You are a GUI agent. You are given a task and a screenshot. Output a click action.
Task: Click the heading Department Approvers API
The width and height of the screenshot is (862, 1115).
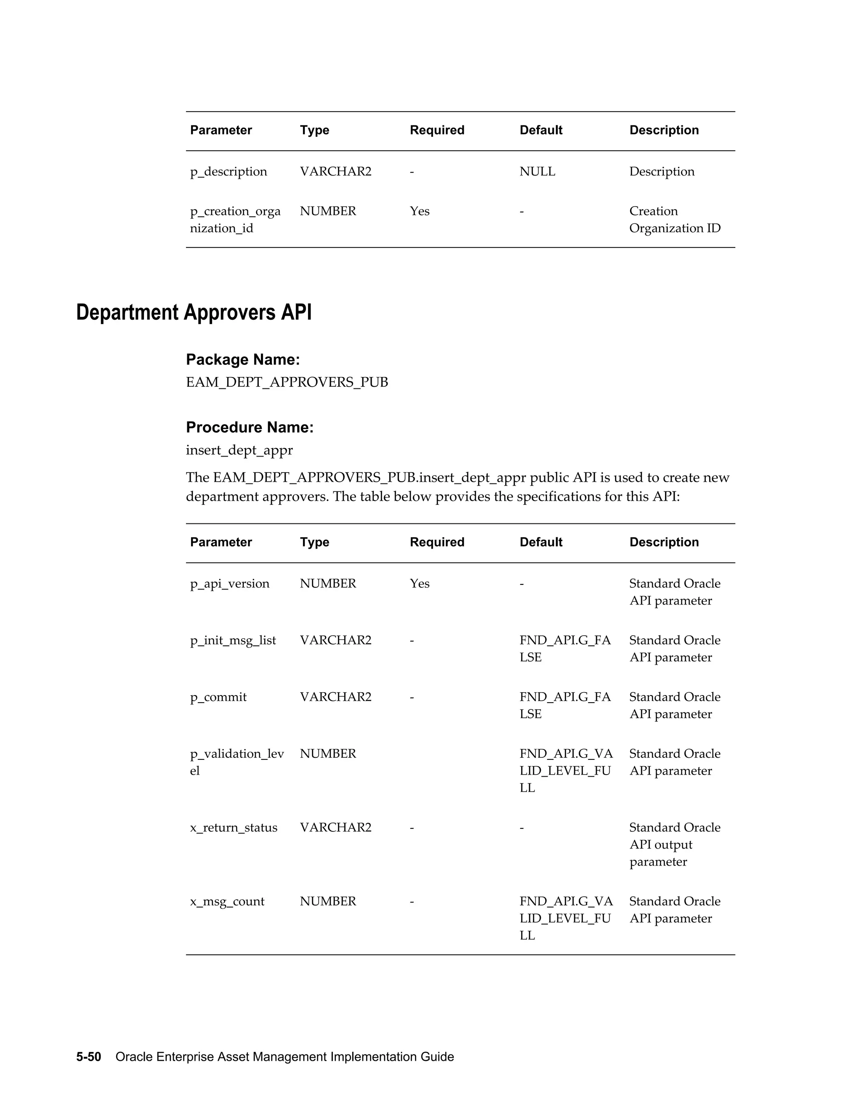(194, 313)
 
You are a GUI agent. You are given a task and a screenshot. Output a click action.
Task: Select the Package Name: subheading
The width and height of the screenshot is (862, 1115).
(242, 359)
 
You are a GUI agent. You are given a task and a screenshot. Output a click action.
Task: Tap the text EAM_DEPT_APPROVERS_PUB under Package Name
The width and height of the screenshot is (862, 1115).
(287, 382)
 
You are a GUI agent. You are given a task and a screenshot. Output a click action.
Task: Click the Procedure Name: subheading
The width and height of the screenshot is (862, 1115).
(249, 427)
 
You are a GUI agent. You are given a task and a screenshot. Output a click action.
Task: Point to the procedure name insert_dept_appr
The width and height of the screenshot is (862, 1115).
(239, 450)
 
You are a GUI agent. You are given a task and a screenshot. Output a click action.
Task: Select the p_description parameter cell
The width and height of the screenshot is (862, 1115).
(228, 172)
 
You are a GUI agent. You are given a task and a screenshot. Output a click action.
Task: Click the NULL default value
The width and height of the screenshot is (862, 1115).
(537, 172)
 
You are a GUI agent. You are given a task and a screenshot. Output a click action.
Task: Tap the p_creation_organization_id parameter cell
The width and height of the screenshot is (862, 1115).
(235, 220)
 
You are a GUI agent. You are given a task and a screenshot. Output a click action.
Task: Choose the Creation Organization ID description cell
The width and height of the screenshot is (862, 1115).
(674, 220)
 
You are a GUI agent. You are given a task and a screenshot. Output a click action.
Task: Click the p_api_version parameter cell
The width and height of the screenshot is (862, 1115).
(229, 584)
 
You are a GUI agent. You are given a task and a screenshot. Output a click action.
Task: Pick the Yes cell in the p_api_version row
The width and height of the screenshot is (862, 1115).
(419, 584)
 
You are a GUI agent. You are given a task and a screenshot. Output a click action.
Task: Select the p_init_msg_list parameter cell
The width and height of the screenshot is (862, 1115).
(233, 640)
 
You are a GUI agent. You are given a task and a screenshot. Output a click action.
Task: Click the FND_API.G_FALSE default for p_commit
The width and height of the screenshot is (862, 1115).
(564, 705)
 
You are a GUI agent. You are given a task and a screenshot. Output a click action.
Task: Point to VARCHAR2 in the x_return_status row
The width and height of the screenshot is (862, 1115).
(335, 827)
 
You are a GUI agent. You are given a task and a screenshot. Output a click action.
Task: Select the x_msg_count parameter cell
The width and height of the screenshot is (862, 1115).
(227, 901)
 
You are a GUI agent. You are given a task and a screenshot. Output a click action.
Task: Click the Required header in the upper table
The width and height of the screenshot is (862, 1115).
(436, 130)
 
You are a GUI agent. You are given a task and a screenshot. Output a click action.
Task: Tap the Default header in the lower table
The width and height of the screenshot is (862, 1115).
(540, 542)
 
